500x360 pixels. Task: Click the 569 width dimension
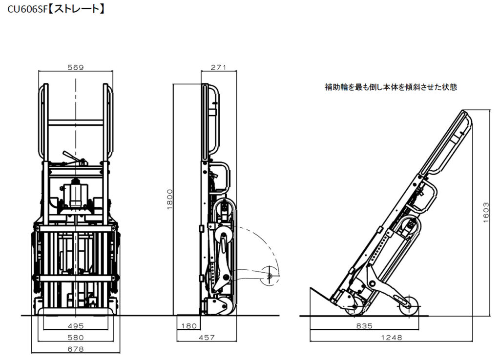click(76, 67)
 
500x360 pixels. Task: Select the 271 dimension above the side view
click(218, 67)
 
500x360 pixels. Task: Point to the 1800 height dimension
click(169, 199)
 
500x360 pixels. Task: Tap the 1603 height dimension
click(486, 212)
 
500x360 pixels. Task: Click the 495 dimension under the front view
click(76, 326)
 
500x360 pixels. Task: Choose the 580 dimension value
click(76, 338)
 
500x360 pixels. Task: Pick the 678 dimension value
click(76, 349)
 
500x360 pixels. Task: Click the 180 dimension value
click(189, 326)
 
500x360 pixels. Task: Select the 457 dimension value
click(207, 338)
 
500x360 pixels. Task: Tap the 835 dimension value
click(364, 326)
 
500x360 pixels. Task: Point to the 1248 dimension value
click(391, 338)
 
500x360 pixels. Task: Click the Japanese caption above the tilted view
click(391, 87)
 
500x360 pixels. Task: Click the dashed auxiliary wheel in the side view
click(269, 276)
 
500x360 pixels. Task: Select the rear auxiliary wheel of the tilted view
click(409, 306)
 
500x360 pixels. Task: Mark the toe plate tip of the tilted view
click(311, 288)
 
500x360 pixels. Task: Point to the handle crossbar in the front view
click(76, 122)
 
